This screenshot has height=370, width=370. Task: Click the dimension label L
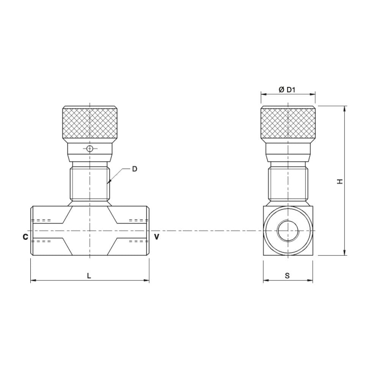[x=89, y=276]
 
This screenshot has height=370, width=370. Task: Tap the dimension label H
[x=340, y=181]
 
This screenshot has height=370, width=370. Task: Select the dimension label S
[x=287, y=276]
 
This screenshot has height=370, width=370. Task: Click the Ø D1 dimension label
[x=287, y=90]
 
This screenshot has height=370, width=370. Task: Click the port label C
[x=25, y=237]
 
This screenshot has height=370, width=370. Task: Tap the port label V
[x=156, y=237]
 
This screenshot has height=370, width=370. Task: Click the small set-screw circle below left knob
[x=90, y=149]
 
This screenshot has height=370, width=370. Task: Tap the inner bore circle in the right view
[x=288, y=230]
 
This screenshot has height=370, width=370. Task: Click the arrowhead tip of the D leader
[x=109, y=183]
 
